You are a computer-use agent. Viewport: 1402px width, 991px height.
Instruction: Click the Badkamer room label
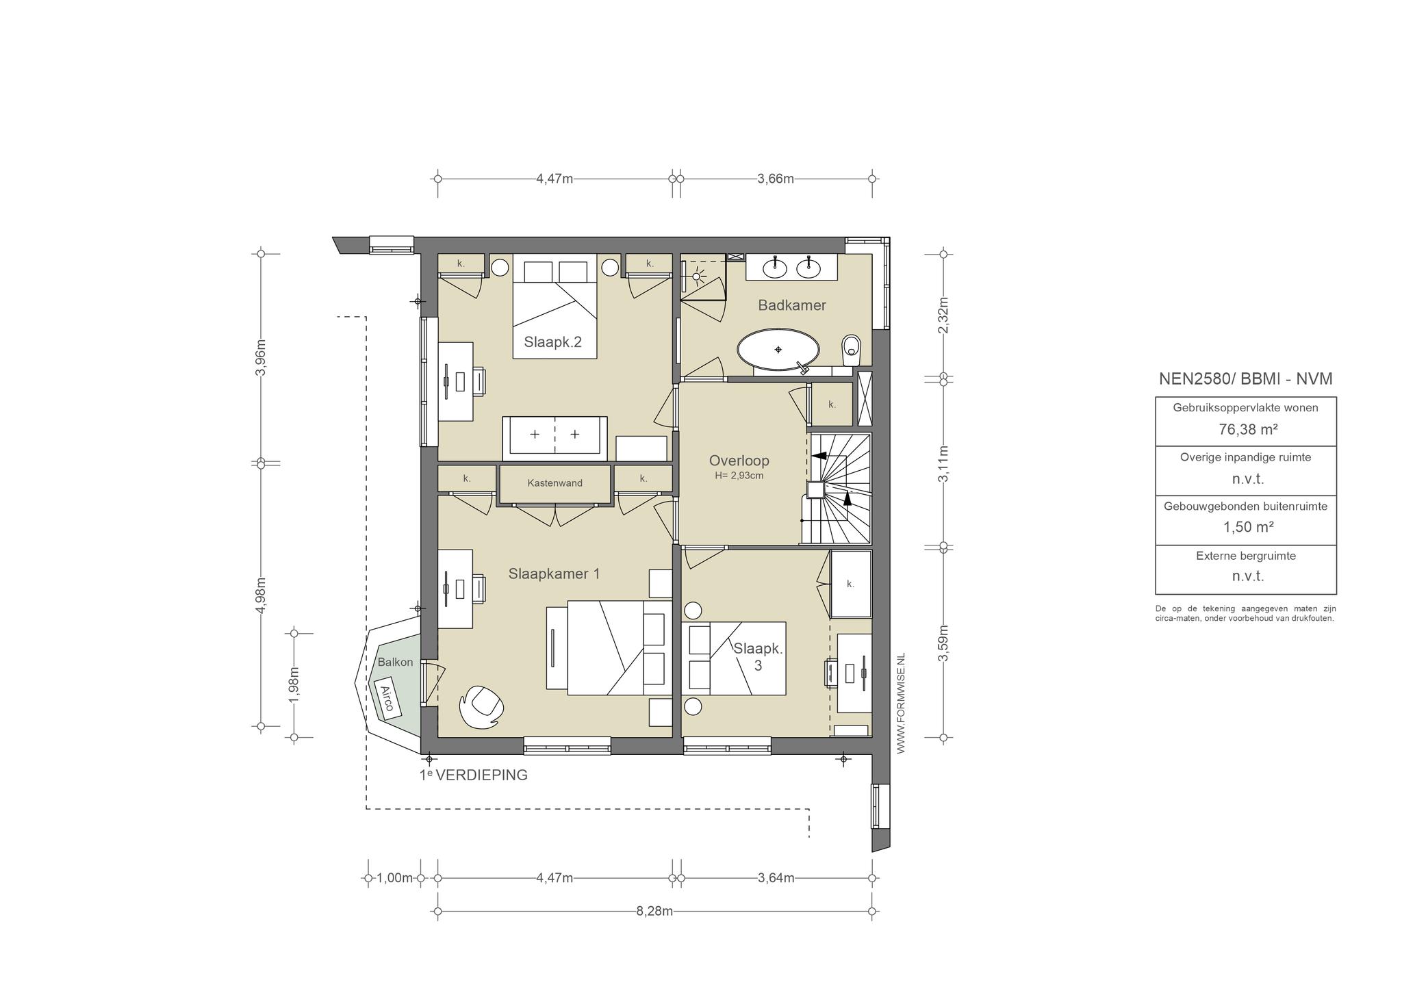click(792, 305)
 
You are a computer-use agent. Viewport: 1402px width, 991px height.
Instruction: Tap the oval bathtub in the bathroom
click(778, 350)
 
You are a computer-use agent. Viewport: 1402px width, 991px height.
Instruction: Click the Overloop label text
click(739, 461)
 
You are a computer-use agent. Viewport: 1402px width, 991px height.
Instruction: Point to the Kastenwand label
click(555, 482)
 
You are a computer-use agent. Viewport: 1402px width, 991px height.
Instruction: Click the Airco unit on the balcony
click(387, 697)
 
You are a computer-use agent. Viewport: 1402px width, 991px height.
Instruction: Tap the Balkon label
click(396, 662)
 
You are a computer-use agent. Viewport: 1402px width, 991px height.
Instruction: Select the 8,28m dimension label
click(654, 911)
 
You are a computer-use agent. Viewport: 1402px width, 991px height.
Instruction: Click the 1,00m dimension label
click(395, 878)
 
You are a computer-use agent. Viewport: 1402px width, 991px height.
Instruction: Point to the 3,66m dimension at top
click(776, 179)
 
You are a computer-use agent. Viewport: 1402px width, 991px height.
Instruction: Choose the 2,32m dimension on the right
click(943, 316)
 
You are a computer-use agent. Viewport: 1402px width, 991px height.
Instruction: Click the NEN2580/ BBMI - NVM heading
click(1246, 378)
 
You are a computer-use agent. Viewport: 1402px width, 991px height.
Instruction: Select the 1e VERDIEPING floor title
click(474, 775)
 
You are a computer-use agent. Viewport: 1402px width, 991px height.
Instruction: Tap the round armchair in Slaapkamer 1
click(483, 707)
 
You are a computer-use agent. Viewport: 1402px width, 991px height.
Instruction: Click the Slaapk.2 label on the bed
click(553, 342)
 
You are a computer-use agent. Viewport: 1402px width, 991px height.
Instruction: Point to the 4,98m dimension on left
click(260, 596)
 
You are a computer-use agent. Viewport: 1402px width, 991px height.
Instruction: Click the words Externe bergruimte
click(1246, 556)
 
